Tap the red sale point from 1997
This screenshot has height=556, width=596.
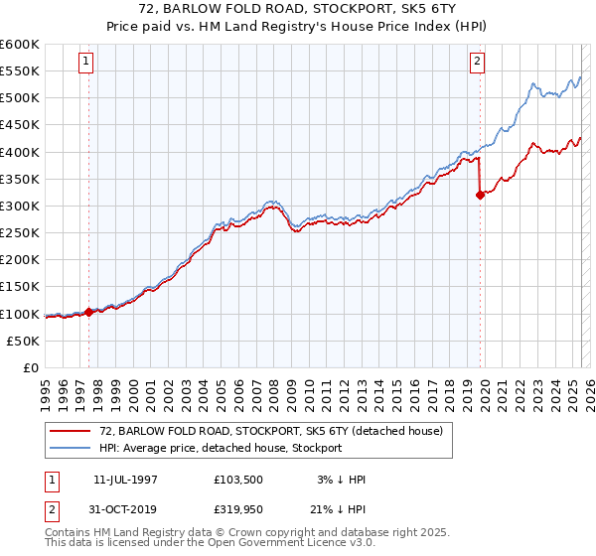88,312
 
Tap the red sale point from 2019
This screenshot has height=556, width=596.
480,195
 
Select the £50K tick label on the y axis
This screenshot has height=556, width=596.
24,341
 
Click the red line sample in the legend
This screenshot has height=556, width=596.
72,430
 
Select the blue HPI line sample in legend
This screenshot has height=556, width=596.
72,448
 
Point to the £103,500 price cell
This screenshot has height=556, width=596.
240,480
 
